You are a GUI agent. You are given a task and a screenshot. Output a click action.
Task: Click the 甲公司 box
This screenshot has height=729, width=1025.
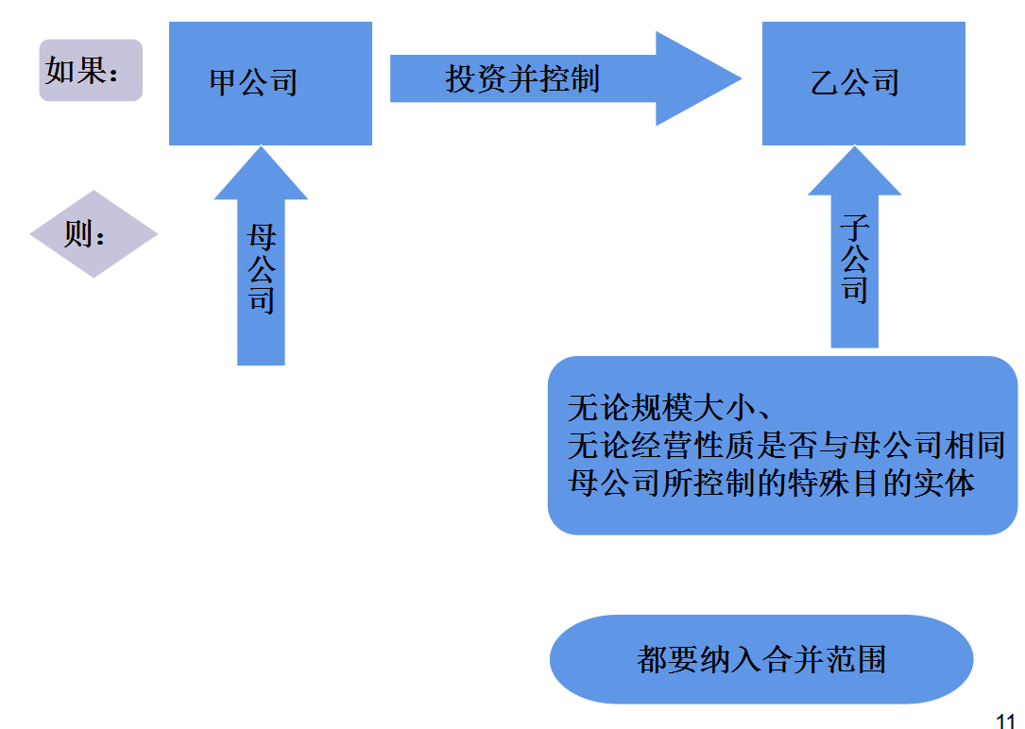270,83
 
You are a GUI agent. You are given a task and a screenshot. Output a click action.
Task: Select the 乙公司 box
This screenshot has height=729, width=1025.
863,83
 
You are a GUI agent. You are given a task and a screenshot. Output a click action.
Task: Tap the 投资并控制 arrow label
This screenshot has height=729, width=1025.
522,79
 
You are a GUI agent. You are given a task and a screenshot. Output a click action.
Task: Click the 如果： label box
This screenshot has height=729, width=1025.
90,71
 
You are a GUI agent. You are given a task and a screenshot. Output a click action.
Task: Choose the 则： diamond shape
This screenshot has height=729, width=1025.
93,234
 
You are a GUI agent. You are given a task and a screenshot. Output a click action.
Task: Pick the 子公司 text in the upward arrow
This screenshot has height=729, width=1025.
855,258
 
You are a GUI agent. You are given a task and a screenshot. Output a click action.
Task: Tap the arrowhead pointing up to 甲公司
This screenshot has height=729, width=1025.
261,175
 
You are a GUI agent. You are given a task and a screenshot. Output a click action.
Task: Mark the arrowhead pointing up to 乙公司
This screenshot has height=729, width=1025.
855,172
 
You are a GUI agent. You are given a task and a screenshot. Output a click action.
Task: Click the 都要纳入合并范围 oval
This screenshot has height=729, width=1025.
760,659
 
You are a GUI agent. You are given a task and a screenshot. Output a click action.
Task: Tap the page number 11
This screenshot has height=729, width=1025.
1005,721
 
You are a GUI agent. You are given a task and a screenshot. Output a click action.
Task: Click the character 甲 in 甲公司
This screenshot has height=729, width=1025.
223,83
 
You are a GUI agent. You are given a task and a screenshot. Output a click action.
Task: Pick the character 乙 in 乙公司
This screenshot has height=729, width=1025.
825,83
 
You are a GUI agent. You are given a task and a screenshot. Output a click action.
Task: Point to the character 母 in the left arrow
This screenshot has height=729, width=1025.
261,237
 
